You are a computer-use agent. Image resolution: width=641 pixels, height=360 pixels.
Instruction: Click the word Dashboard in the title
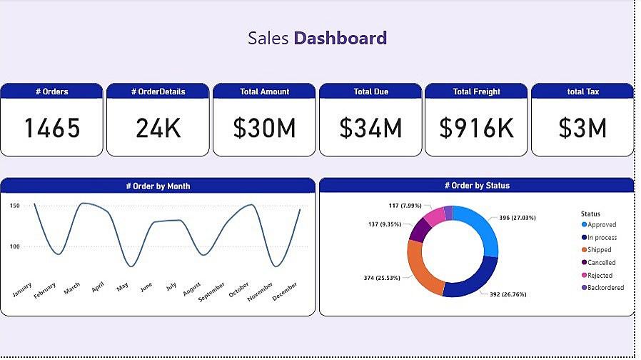tap(340, 38)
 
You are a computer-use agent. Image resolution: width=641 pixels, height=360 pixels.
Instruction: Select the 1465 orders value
tap(52, 129)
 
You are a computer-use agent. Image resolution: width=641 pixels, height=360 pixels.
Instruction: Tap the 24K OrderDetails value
tap(158, 129)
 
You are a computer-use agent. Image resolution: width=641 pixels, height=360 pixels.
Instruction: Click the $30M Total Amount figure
tap(264, 129)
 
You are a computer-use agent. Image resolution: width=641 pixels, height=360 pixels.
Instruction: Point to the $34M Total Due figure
tap(370, 129)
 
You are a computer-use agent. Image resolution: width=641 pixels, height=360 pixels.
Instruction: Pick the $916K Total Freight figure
tap(476, 129)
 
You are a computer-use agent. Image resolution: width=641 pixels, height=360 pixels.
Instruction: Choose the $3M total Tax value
tap(582, 129)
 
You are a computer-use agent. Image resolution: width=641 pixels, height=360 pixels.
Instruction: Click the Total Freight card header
tap(476, 91)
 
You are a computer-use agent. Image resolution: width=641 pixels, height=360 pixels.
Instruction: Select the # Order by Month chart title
tap(158, 186)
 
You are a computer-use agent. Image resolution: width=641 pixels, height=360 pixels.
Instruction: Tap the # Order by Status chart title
tap(477, 186)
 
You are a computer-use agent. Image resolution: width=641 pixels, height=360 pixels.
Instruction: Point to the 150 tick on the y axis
tap(15, 206)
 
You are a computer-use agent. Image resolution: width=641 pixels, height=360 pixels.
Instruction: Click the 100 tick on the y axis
tap(15, 246)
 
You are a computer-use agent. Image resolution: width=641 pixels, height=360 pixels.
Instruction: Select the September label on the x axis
tap(212, 291)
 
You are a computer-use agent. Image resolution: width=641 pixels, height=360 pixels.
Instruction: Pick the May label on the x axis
tap(123, 286)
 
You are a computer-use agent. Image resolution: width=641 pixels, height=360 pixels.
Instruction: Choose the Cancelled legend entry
tap(601, 263)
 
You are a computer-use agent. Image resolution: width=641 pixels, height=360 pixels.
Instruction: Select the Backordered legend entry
tap(605, 288)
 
